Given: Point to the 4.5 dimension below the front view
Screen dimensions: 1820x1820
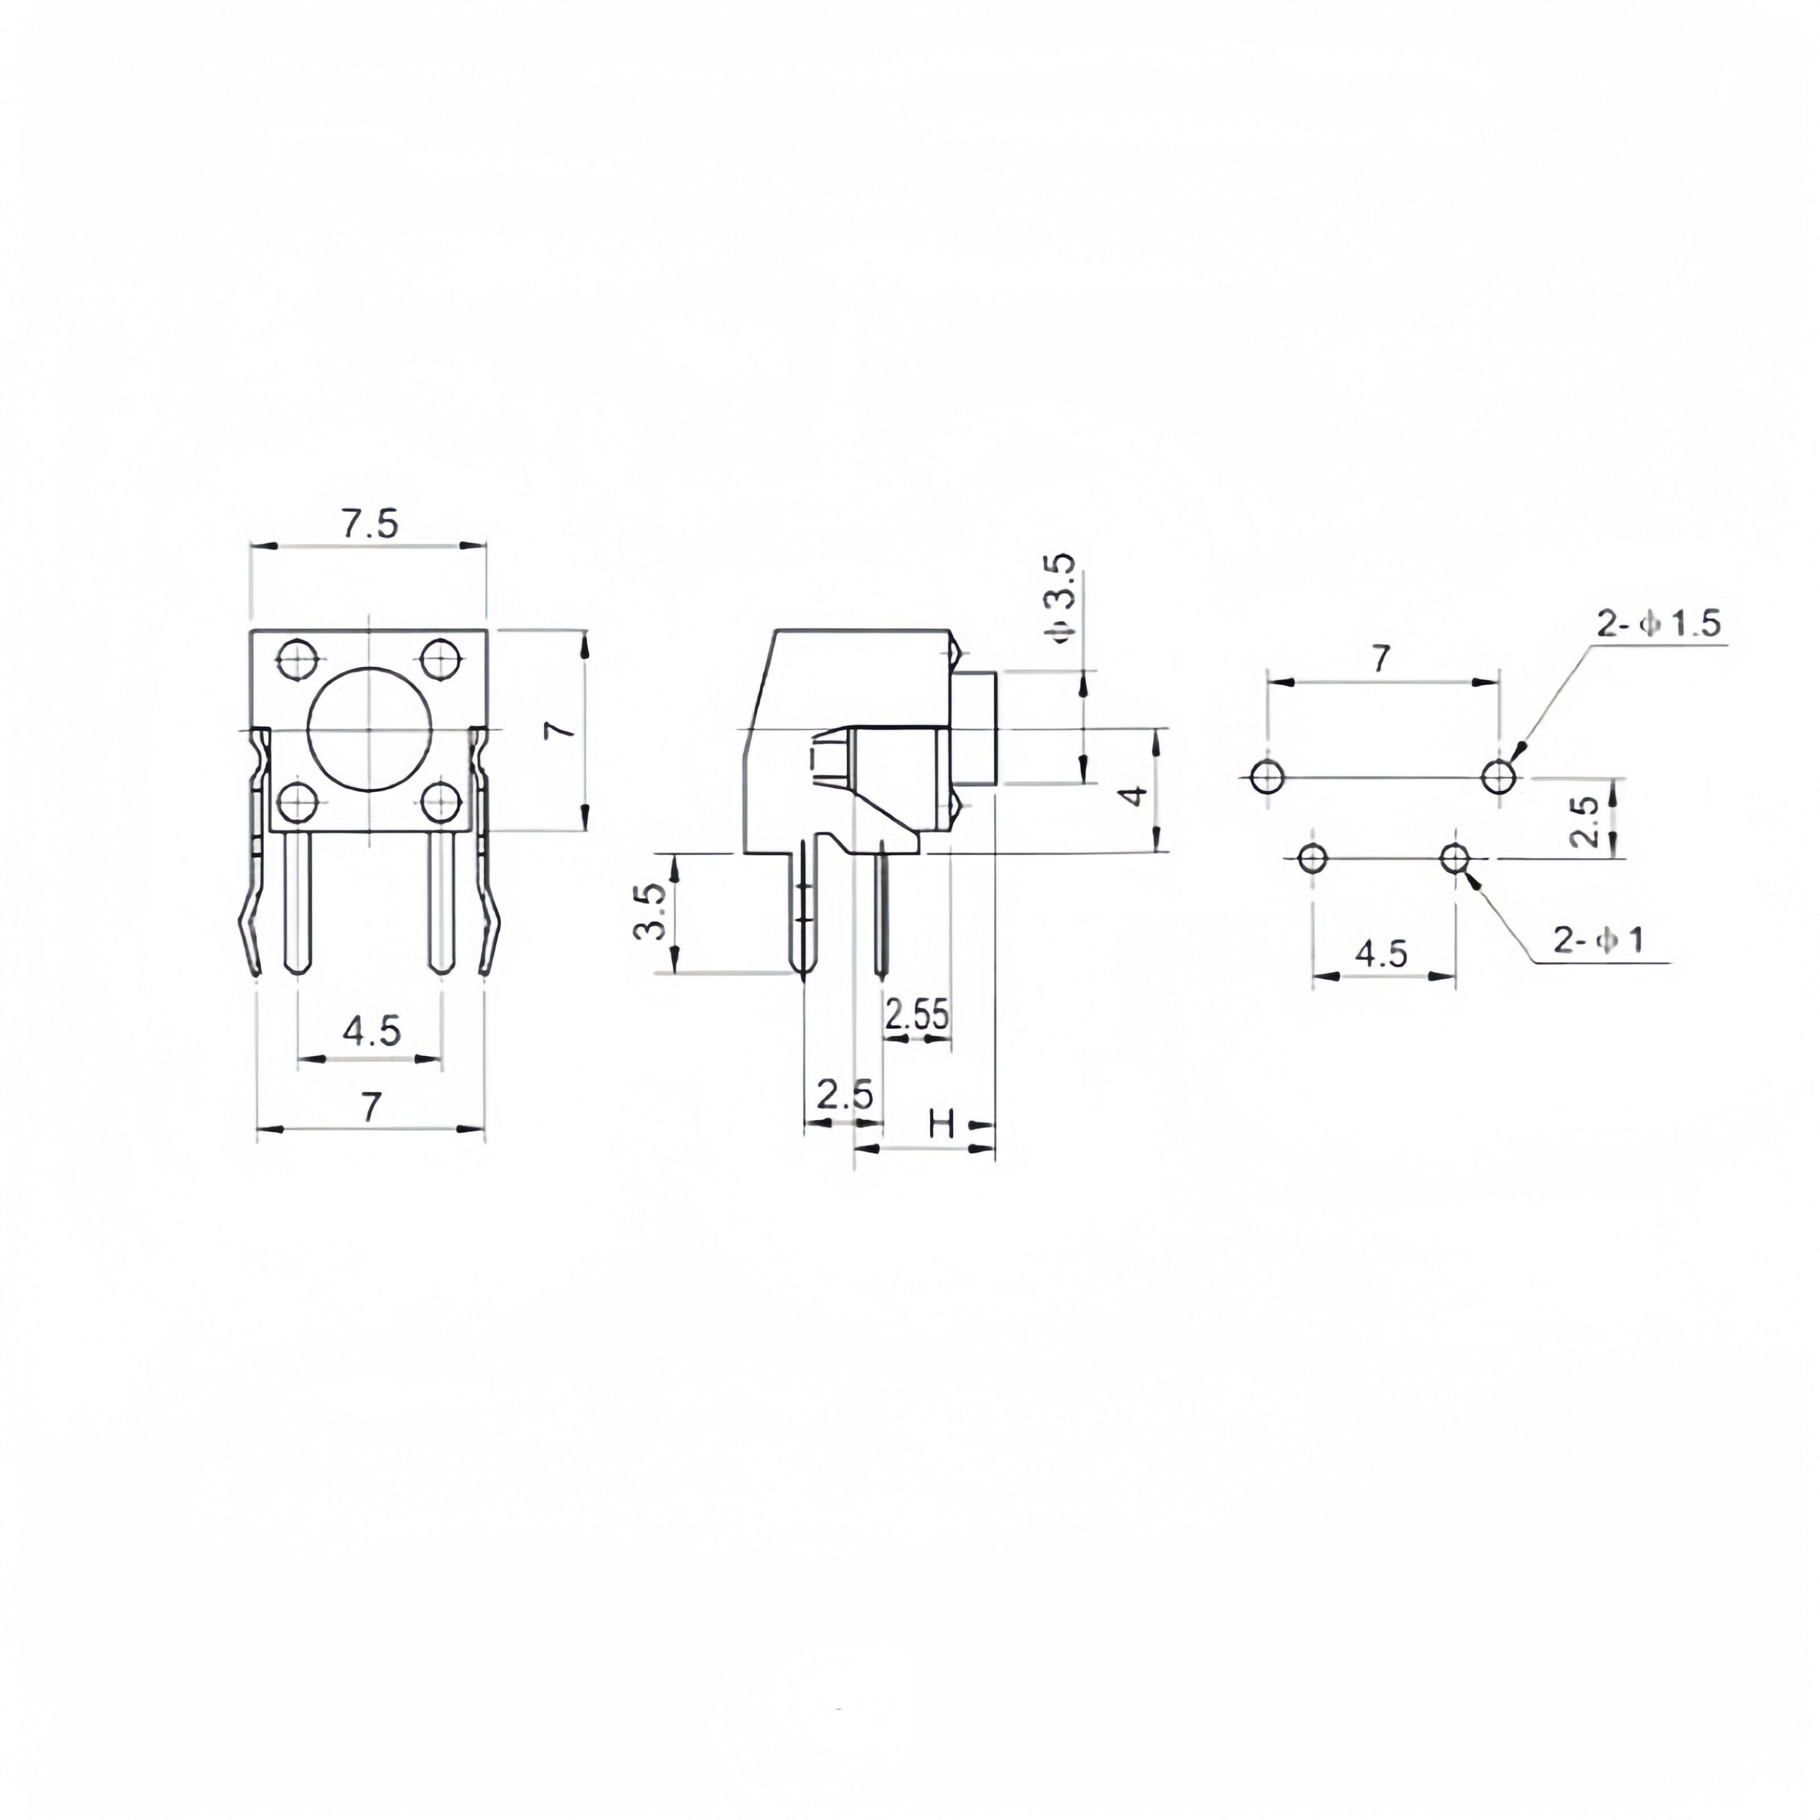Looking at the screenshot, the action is (x=371, y=1031).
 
